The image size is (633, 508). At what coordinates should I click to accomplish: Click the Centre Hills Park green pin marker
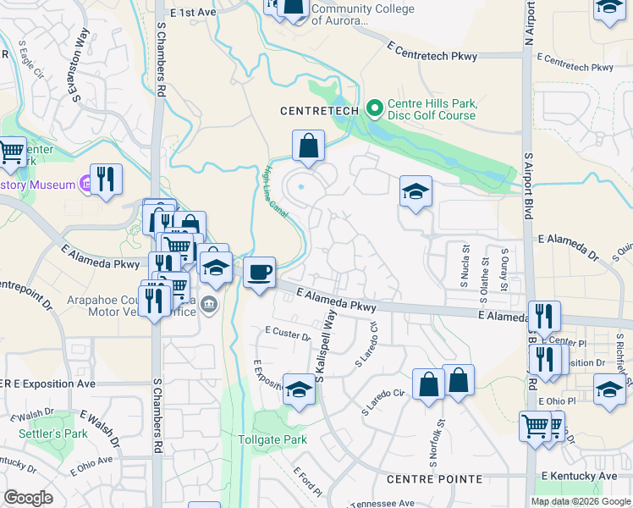coord(375,108)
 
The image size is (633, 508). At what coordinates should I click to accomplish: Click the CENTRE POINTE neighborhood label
coord(434,479)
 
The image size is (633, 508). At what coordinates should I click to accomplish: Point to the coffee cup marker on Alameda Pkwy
coord(260,273)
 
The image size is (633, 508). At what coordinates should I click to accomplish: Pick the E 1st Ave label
coord(193,14)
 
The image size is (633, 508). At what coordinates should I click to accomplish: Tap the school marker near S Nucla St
coord(416,192)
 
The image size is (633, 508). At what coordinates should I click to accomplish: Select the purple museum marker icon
coord(85,182)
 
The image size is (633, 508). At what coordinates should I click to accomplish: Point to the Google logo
coord(29,498)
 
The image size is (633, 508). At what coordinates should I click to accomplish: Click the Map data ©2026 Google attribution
coord(581,501)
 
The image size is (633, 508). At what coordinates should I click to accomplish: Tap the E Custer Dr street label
coord(288,333)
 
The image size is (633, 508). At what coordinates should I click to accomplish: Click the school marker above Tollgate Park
coord(299,390)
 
